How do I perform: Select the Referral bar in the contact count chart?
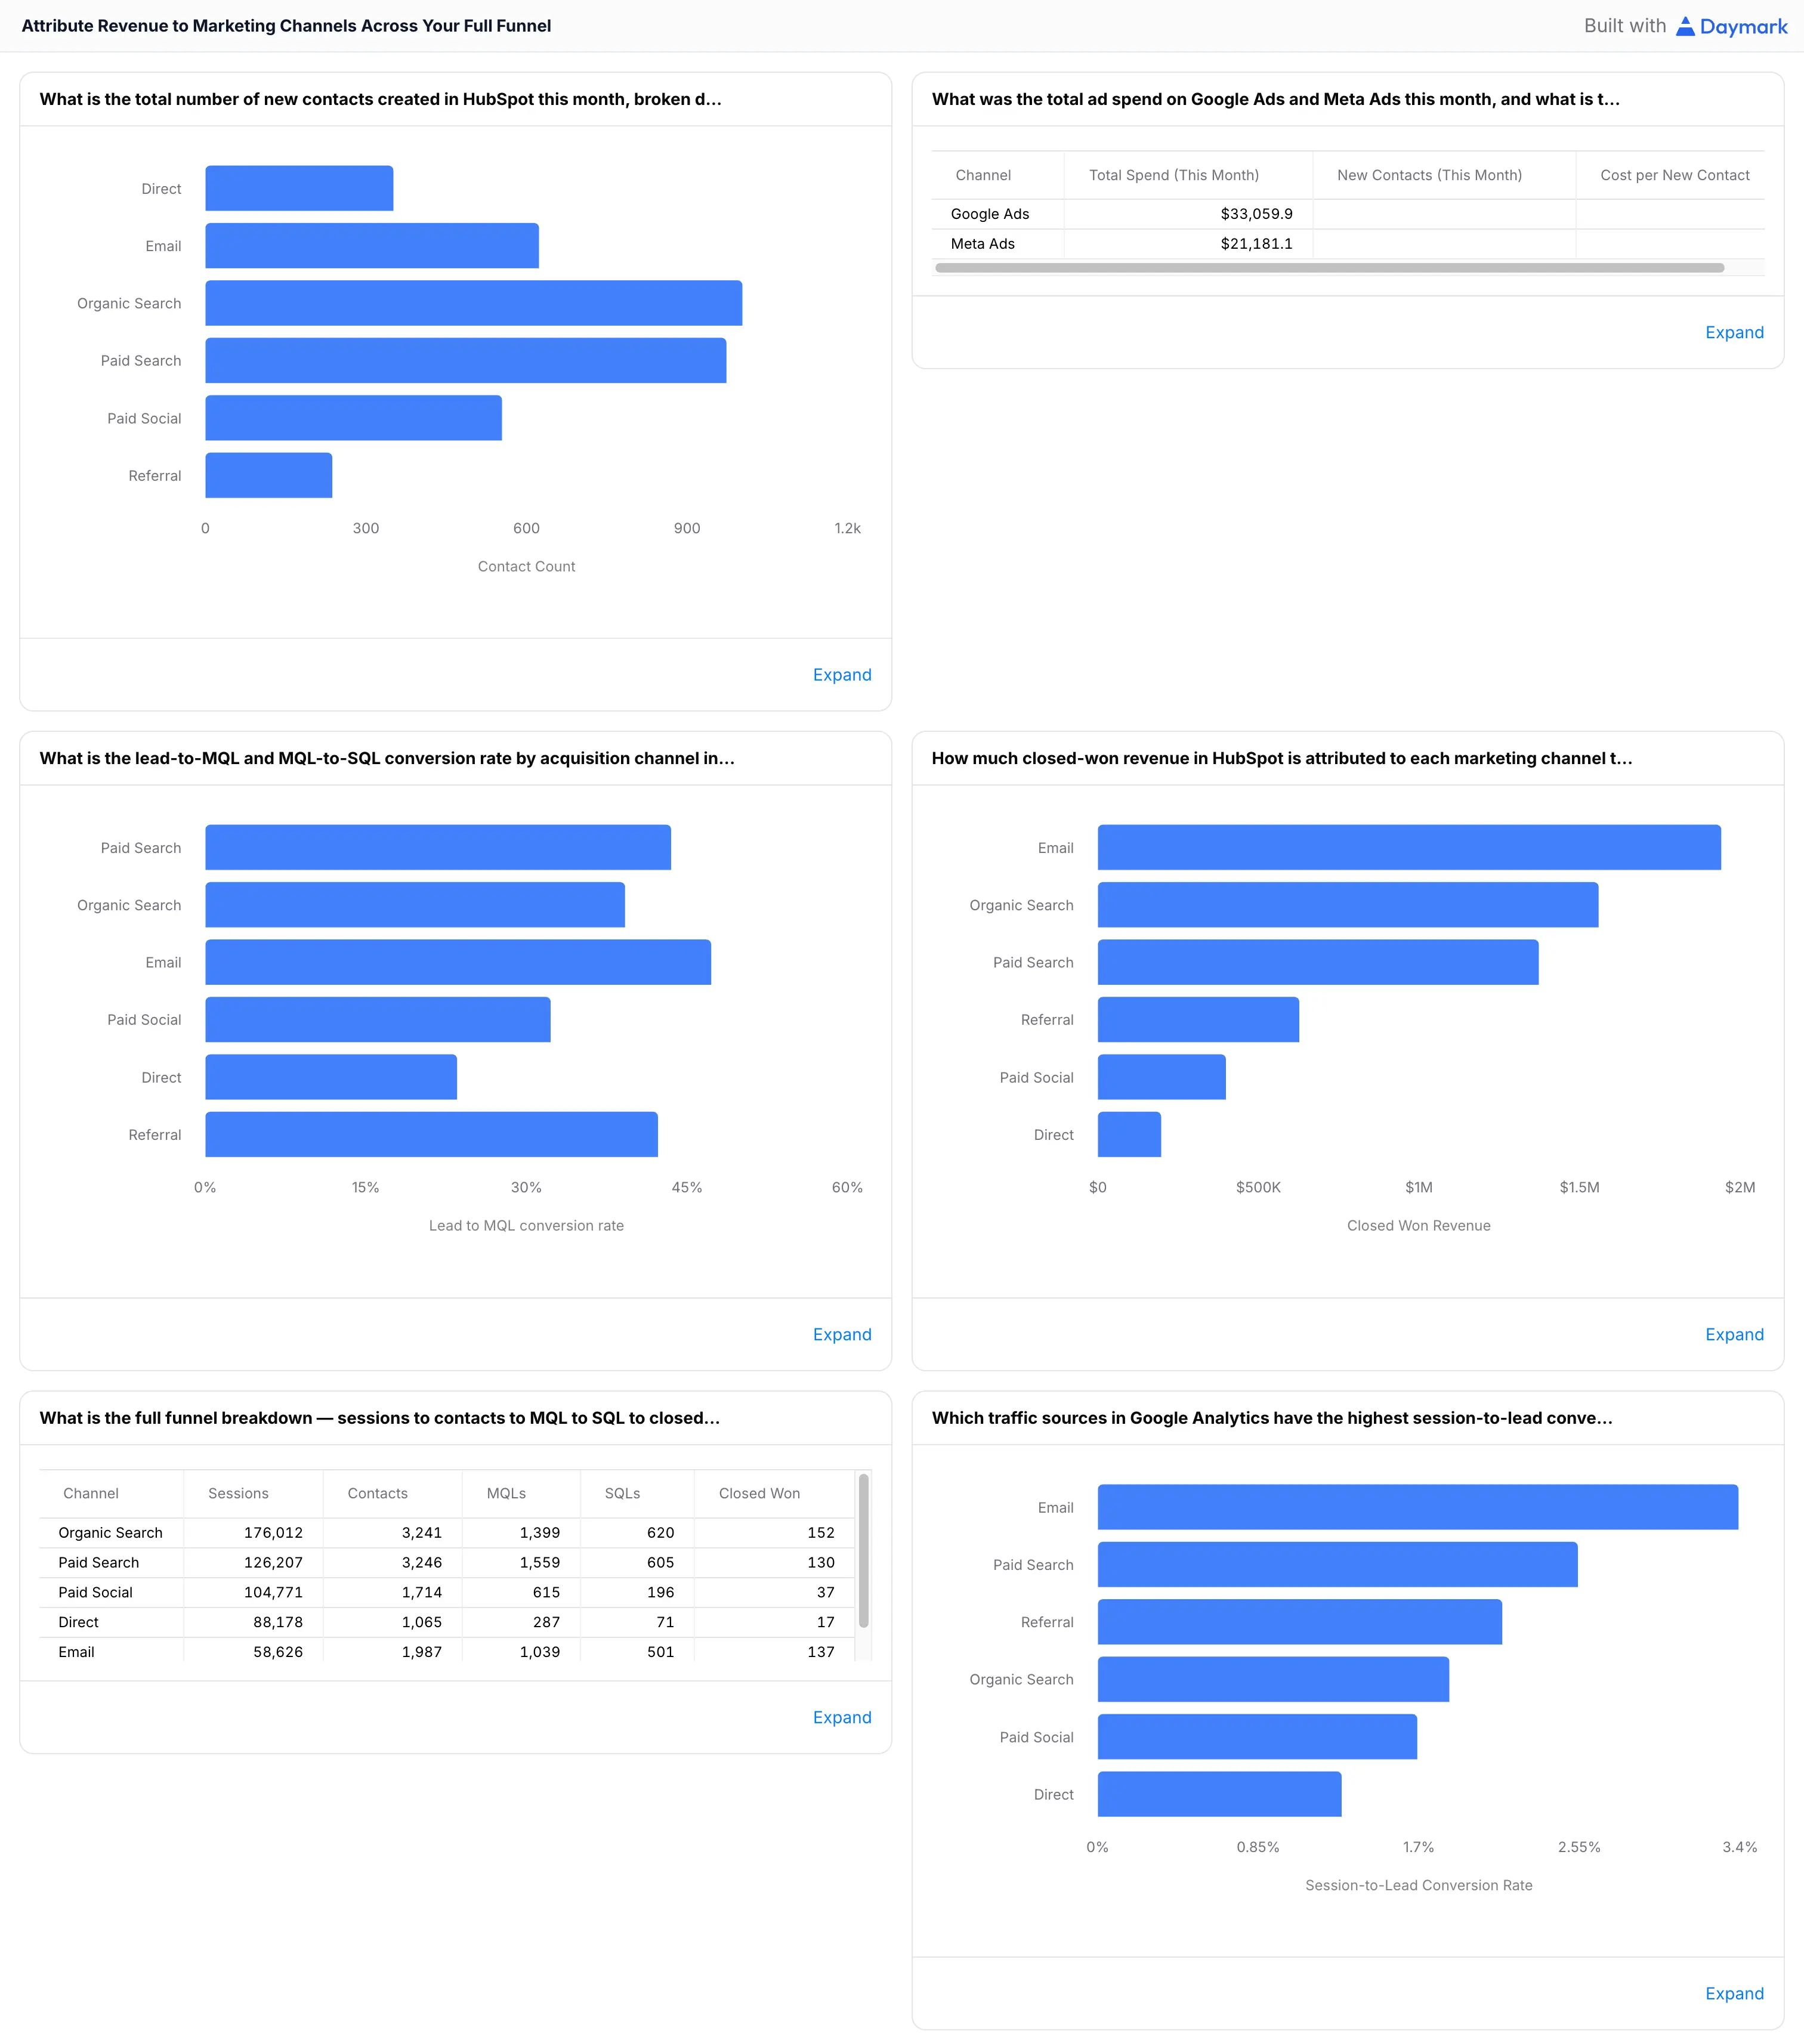268,475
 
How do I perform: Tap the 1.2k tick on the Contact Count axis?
847,528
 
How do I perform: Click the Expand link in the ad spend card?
1734,332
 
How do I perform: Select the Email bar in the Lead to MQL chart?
458,962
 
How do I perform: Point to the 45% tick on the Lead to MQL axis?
687,1187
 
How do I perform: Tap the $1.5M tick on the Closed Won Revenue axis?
1579,1187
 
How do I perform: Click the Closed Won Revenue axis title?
1418,1226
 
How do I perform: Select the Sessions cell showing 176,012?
274,1532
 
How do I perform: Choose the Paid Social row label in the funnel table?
95,1592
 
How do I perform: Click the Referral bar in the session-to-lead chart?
1299,1622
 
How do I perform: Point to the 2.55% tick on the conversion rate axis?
1579,1847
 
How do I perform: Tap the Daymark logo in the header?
1731,26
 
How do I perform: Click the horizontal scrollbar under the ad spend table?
1329,268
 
